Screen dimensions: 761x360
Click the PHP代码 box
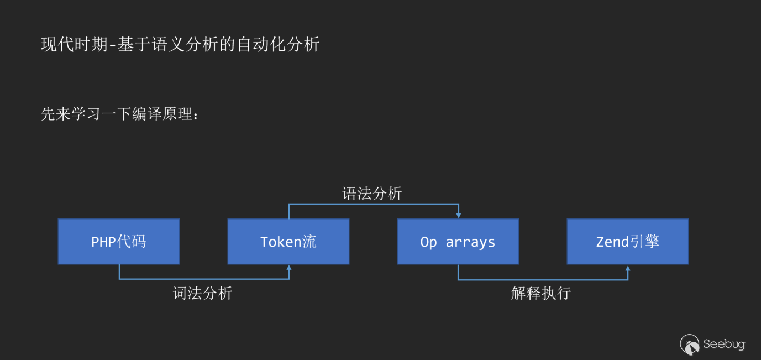coord(119,241)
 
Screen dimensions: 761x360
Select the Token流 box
coord(288,241)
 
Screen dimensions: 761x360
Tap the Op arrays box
coord(458,241)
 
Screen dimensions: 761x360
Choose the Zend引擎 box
coord(628,241)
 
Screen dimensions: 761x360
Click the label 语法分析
coord(372,194)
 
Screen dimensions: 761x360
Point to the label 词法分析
coord(202,293)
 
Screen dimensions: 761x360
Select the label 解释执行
coord(541,293)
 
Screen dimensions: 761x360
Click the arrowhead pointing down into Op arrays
coord(459,216)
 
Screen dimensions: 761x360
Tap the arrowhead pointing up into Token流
coord(289,268)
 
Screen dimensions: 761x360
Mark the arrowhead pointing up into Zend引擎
coord(628,269)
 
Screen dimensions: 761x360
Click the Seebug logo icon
coord(690,345)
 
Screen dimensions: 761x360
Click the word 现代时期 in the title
coord(75,44)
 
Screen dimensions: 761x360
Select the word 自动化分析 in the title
coord(278,44)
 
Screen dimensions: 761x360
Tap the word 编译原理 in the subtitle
coord(162,113)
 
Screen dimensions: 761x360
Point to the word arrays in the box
coord(470,243)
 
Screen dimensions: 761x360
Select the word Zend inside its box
coord(612,242)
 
